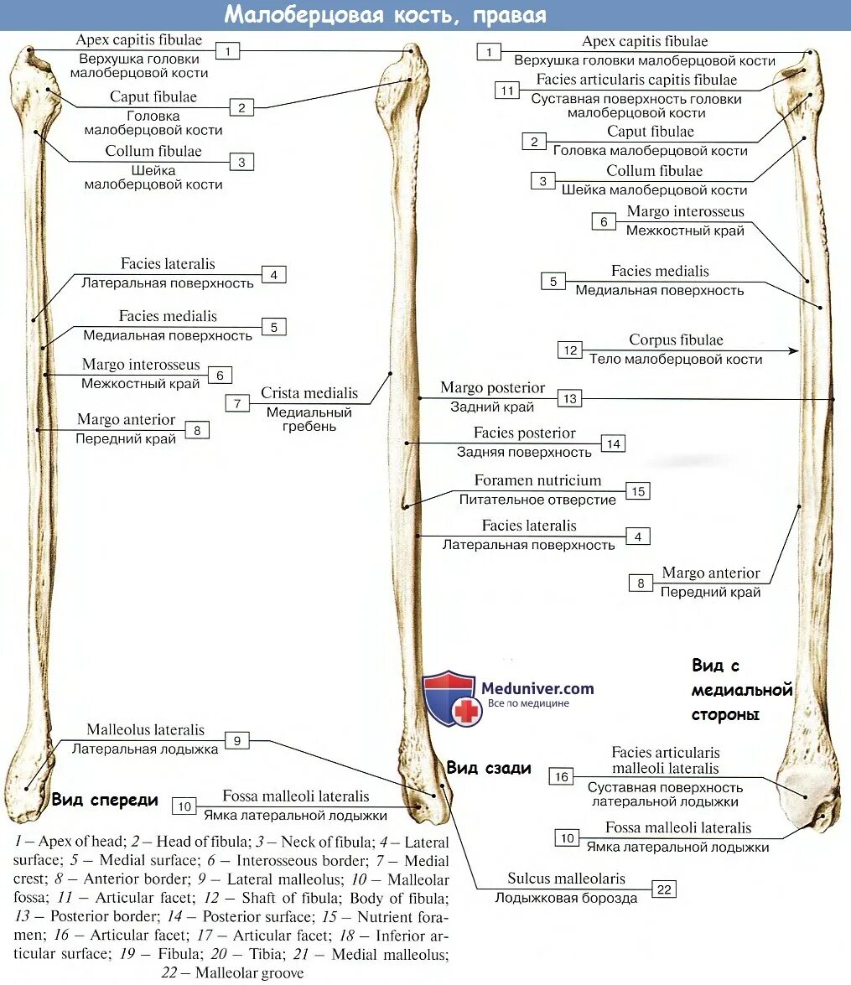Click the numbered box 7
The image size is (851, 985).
[x=237, y=403]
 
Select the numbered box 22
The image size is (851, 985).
[x=664, y=889]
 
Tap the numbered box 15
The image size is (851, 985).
[x=638, y=491]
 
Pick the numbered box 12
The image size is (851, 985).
[x=571, y=350]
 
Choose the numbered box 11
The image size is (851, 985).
[x=506, y=91]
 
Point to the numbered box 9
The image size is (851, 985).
[x=237, y=740]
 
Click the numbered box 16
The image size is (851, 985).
[x=561, y=777]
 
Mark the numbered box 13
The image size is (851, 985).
[x=570, y=398]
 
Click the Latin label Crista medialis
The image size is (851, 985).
[x=309, y=393]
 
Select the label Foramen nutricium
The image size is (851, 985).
[x=537, y=481]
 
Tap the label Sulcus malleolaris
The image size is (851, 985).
[x=566, y=879]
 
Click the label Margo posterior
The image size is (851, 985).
[x=492, y=388]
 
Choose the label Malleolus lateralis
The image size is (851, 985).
[x=145, y=730]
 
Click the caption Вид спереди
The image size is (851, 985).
[x=105, y=800]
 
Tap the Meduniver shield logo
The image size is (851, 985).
[x=450, y=697]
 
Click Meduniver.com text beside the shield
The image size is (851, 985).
[x=537, y=688]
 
